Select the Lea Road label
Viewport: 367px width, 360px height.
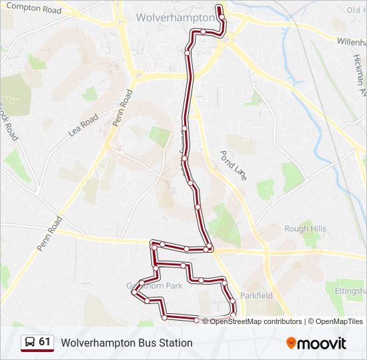click(83, 125)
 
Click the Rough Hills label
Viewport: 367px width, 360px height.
click(305, 229)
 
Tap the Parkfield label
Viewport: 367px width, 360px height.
click(257, 295)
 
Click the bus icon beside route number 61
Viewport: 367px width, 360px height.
click(30, 343)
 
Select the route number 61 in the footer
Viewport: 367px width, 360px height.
click(45, 342)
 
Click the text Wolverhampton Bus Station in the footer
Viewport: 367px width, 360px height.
click(127, 343)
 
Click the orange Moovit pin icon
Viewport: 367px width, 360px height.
click(291, 343)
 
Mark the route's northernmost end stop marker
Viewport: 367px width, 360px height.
click(220, 7)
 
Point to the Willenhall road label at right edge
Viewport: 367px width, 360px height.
click(351, 41)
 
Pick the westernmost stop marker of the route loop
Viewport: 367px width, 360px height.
click(134, 292)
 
